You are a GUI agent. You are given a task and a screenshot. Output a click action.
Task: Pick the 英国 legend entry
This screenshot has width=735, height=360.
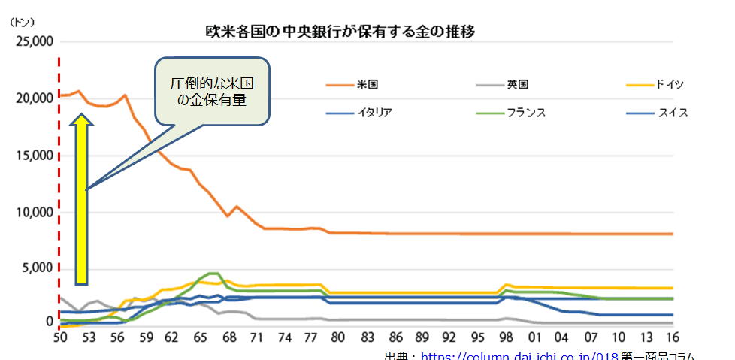click(518, 84)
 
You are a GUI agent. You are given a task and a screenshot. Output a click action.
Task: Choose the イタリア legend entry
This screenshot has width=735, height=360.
click(374, 113)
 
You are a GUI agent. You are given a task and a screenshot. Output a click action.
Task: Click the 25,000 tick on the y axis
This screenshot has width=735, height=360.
click(34, 41)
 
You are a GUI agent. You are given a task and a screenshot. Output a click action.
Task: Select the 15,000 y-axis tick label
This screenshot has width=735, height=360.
click(34, 156)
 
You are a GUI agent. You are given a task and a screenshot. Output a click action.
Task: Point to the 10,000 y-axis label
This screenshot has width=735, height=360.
click(34, 213)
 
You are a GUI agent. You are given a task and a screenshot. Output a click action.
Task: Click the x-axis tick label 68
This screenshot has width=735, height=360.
click(231, 337)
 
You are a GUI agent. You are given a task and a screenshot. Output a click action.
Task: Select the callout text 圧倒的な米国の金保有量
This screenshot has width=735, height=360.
click(213, 90)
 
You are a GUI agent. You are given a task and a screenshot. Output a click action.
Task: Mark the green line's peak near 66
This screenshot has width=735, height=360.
click(213, 274)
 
